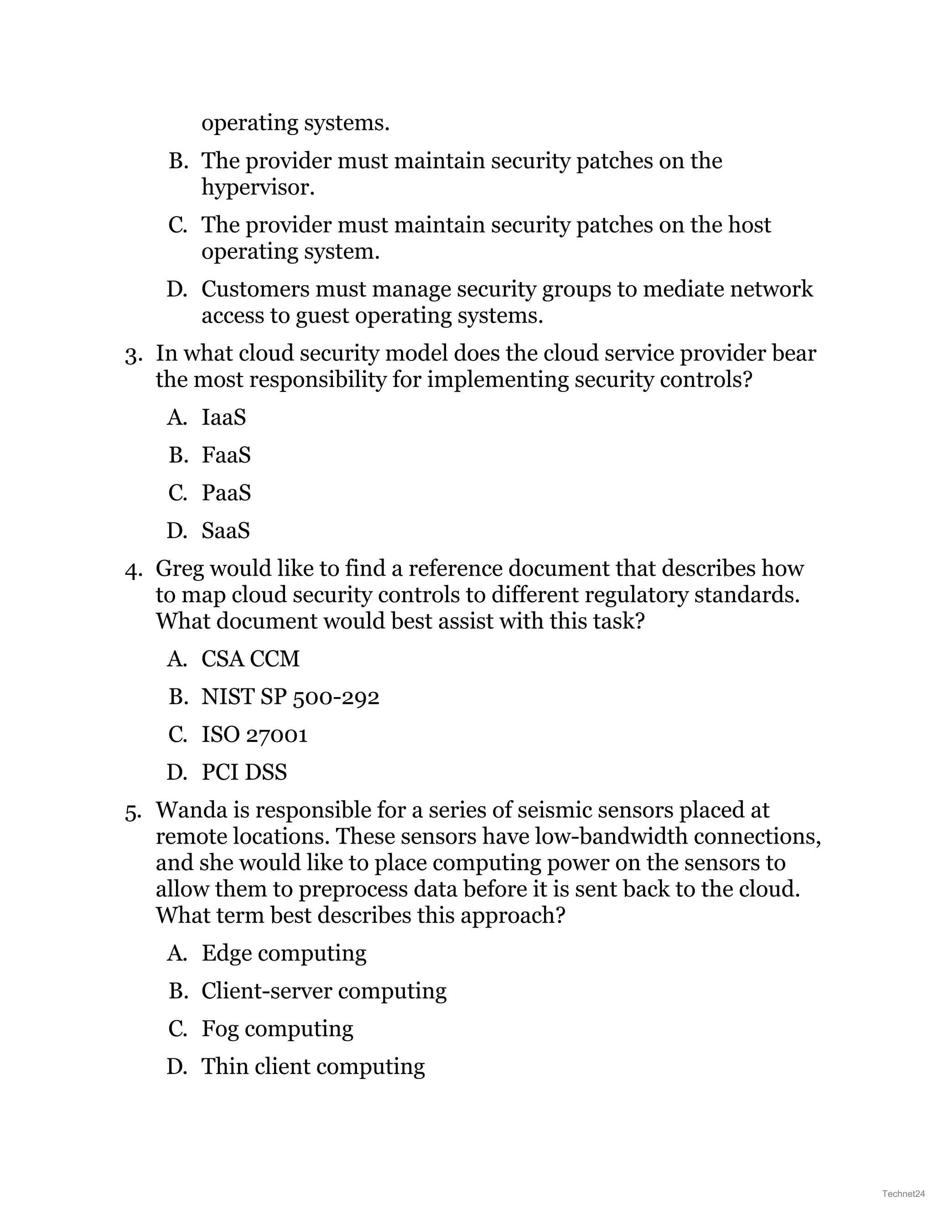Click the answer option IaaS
click(223, 417)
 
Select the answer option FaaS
click(226, 455)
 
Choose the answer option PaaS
click(226, 493)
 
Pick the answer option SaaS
click(225, 530)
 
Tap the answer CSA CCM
click(250, 659)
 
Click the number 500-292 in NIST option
click(336, 697)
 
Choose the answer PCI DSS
click(244, 772)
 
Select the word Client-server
click(266, 991)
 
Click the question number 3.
click(132, 355)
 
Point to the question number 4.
click(132, 570)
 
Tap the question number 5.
click(132, 812)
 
